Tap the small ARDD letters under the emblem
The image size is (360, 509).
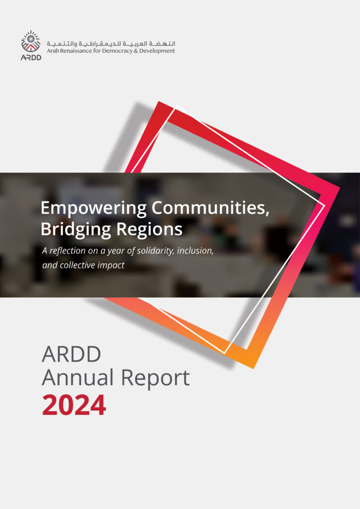click(x=31, y=57)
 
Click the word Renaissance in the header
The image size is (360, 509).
click(x=77, y=51)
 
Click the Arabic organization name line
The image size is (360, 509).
click(x=111, y=43)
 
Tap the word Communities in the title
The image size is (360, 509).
click(x=211, y=208)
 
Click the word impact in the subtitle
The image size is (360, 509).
click(x=111, y=265)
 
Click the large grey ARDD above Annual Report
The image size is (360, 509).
click(x=71, y=354)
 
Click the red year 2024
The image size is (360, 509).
click(x=74, y=405)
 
